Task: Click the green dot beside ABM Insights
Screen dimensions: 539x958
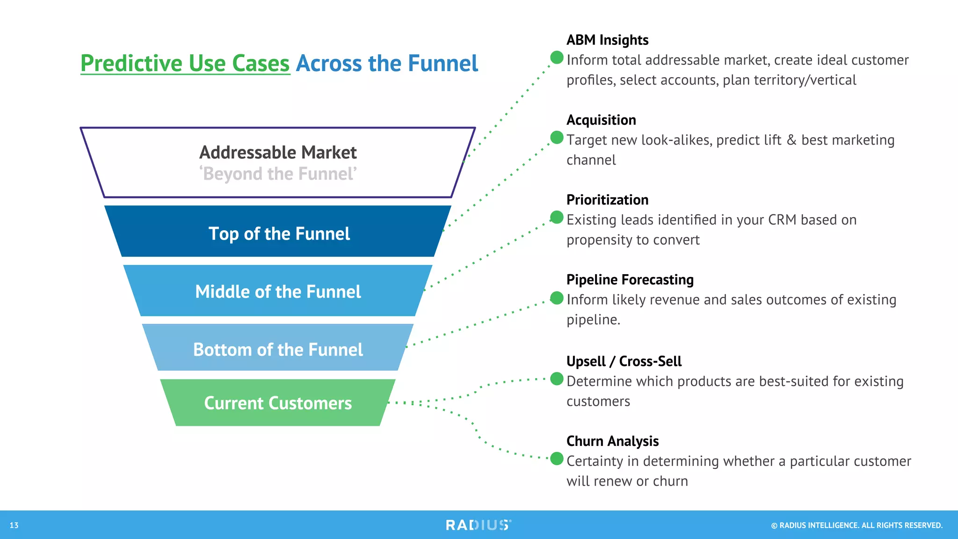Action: tap(557, 58)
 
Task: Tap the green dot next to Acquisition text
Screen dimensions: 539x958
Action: tap(557, 138)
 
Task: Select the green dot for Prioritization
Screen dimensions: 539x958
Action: tap(557, 217)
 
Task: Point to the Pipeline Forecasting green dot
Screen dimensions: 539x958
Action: tap(557, 298)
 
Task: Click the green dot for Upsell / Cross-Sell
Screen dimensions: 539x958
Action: tap(557, 379)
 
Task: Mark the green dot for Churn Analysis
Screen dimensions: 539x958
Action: tap(557, 459)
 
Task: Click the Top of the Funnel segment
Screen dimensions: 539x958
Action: tap(279, 233)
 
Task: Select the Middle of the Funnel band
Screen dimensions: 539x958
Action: tap(278, 291)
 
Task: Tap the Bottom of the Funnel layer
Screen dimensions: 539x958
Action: tap(278, 350)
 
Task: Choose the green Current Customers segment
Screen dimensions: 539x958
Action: tap(278, 403)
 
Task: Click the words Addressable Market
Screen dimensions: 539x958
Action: tap(278, 153)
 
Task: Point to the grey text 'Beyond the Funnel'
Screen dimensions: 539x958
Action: tap(278, 174)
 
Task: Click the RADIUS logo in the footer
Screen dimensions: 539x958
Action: tap(478, 525)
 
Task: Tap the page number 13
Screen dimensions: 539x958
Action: tap(14, 525)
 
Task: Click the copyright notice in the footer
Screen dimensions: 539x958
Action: tap(856, 525)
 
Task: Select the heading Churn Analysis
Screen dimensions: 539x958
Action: tap(612, 441)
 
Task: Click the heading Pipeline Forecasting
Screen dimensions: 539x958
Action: tap(630, 280)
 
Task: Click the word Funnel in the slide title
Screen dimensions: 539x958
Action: tap(443, 63)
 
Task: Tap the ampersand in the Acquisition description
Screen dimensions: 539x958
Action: tap(791, 140)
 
